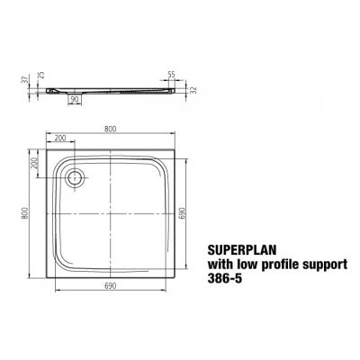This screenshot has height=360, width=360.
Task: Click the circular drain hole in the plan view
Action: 76,179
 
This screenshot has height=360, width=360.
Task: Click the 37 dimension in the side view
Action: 26,80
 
